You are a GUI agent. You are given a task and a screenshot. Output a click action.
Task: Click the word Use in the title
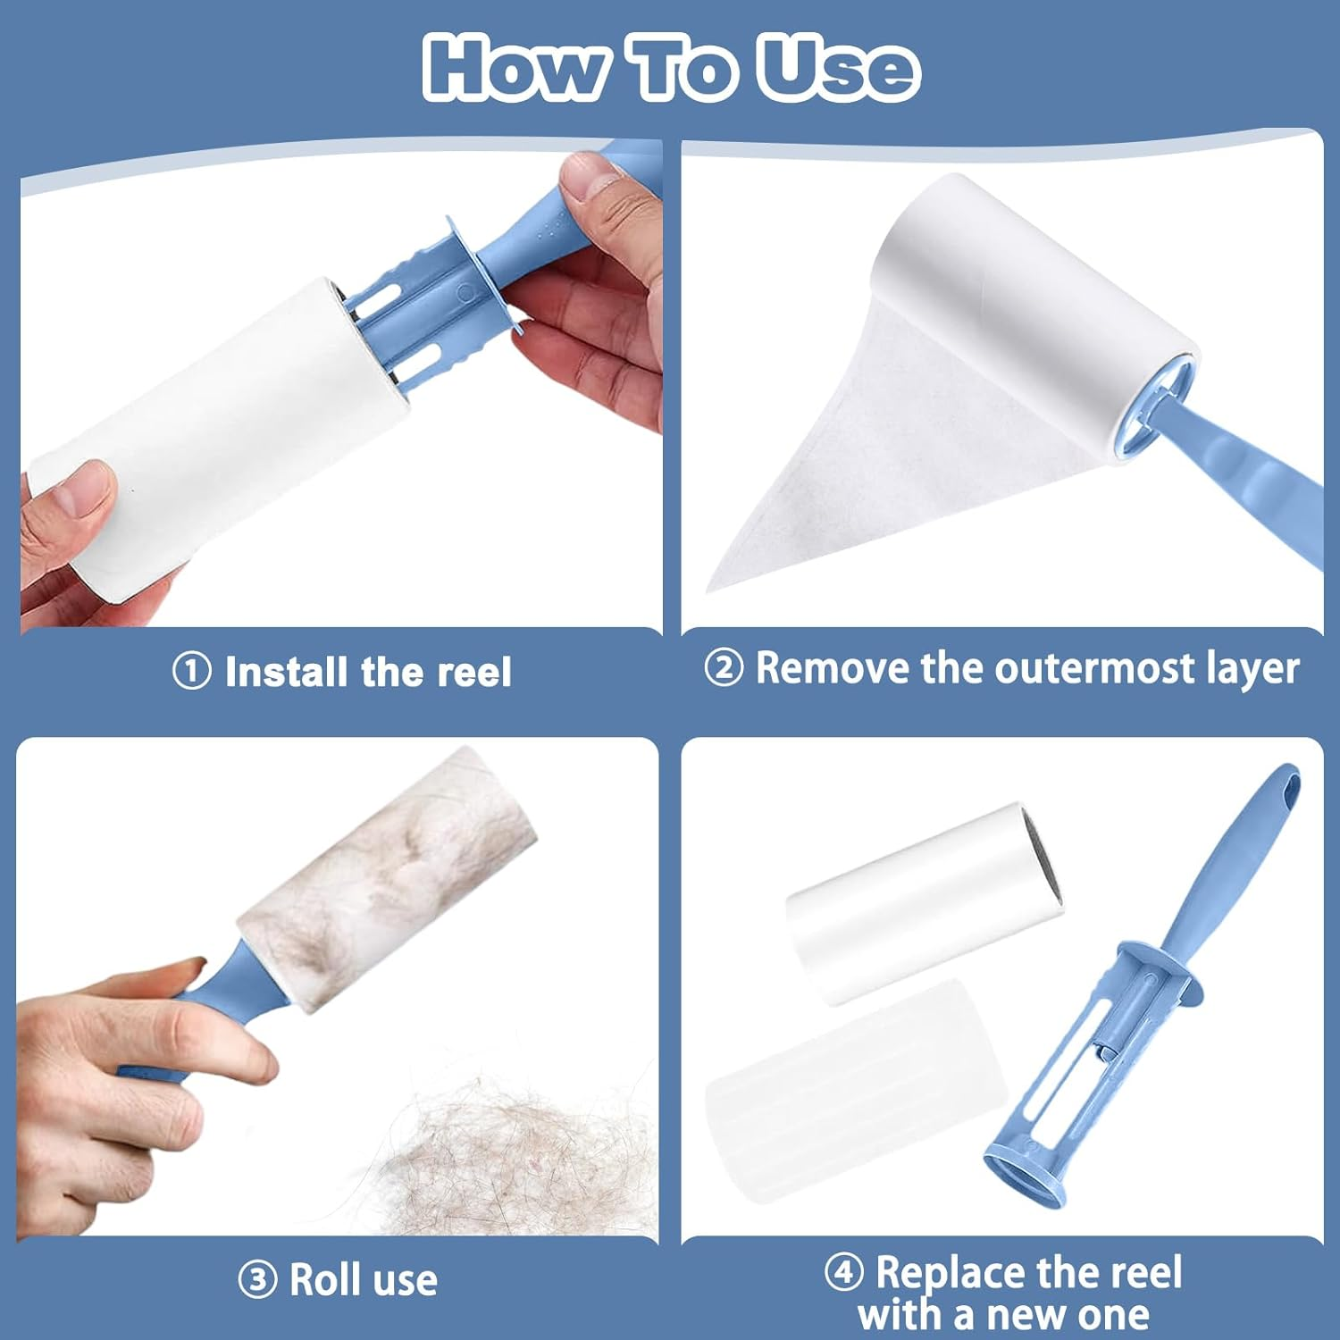pyautogui.click(x=838, y=68)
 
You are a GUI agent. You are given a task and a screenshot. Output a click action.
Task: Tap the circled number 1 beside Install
pyautogui.click(x=191, y=671)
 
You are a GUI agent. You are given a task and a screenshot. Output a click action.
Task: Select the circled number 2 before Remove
pyautogui.click(x=723, y=667)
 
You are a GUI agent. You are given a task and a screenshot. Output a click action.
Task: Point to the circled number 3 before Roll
pyautogui.click(x=257, y=1280)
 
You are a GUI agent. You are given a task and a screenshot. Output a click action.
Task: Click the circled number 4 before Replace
pyautogui.click(x=843, y=1271)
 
